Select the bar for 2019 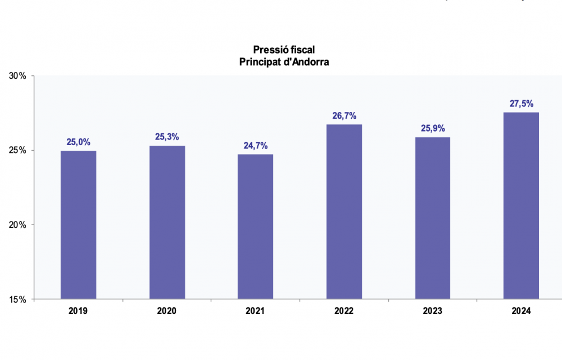78,224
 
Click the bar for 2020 167,222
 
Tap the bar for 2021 255,226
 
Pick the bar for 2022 344,211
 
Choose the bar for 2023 432,218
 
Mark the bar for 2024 521,205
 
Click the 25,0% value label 78,142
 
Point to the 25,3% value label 167,137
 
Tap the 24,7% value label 255,146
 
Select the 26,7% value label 344,116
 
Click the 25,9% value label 433,128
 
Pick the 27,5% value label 521,103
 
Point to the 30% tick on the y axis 19,76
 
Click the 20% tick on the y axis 19,225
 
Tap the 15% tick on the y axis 19,299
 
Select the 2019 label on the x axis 78,310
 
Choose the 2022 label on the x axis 344,310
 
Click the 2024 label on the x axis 521,310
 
